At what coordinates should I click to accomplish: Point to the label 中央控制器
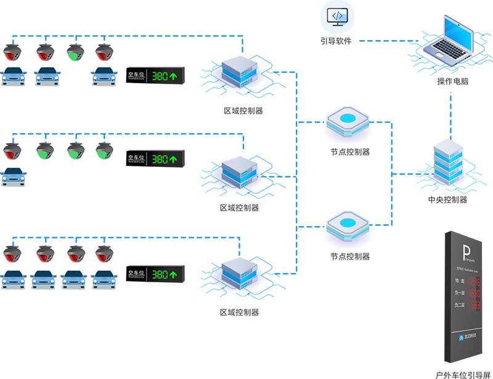[x=448, y=200]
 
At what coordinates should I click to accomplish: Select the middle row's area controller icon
[x=237, y=173]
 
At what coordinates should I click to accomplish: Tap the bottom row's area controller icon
[x=238, y=274]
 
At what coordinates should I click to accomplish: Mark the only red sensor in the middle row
[x=13, y=152]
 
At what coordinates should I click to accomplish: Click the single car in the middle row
[x=14, y=175]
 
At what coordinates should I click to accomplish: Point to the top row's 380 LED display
[x=156, y=76]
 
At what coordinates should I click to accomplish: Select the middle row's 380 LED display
[x=156, y=159]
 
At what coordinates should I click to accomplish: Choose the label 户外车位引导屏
[x=462, y=373]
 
